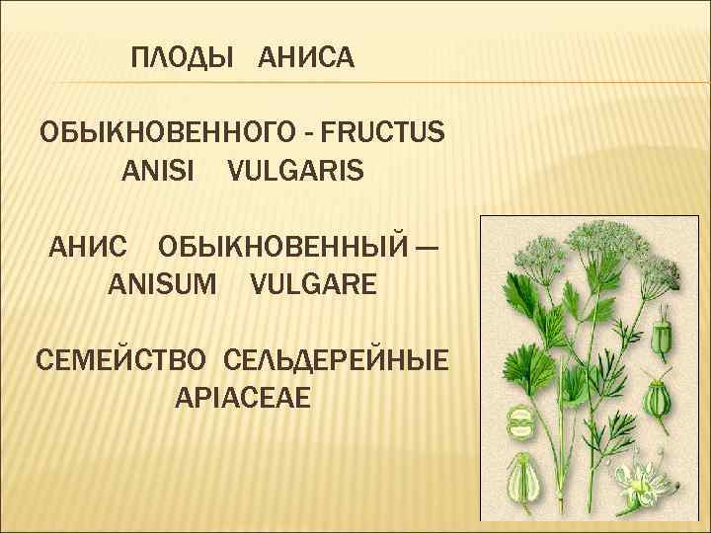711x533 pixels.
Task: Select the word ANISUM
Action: pos(164,286)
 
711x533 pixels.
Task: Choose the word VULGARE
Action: pos(313,286)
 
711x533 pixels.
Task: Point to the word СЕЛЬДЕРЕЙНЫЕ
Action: pos(336,358)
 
